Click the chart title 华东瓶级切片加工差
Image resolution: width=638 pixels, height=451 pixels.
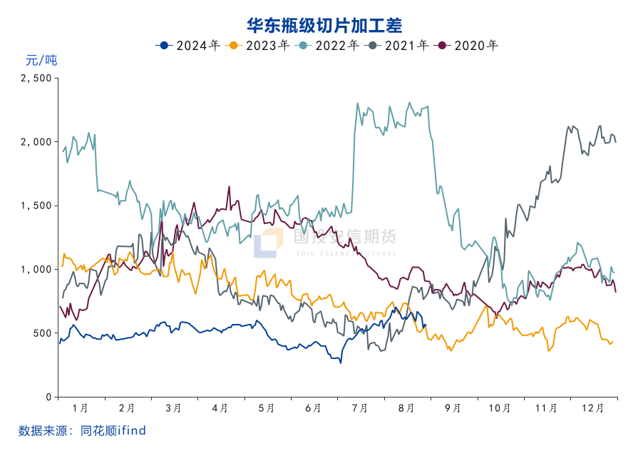pyautogui.click(x=324, y=26)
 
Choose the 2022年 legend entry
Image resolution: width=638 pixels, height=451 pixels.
pyautogui.click(x=327, y=46)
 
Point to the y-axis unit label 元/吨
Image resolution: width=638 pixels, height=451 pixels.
pyautogui.click(x=41, y=61)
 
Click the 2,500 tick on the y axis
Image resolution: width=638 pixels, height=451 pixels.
pyautogui.click(x=36, y=78)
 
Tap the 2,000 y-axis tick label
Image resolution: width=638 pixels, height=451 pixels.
pyautogui.click(x=36, y=142)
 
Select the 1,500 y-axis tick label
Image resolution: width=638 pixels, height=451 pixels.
pyautogui.click(x=36, y=206)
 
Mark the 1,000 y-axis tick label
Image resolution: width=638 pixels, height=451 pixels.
pyautogui.click(x=36, y=270)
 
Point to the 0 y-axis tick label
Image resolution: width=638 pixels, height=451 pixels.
pyautogui.click(x=48, y=397)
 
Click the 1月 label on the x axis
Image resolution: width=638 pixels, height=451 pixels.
pyautogui.click(x=81, y=408)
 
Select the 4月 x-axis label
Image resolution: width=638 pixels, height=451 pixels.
pyautogui.click(x=220, y=408)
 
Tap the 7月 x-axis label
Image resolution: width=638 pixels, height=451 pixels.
pyautogui.click(x=360, y=408)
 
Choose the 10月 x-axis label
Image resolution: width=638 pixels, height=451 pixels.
pyautogui.click(x=500, y=408)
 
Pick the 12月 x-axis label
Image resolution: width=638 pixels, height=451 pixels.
pyautogui.click(x=594, y=408)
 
